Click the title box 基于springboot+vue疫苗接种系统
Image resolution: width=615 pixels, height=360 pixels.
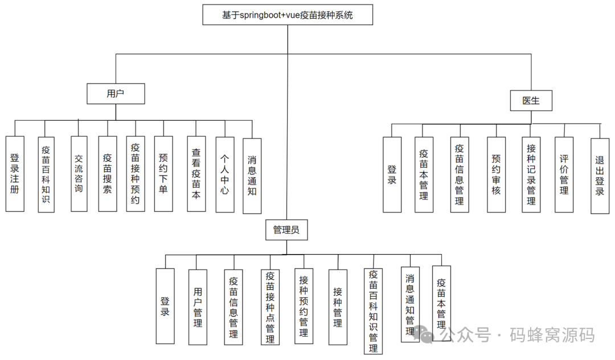click(x=288, y=15)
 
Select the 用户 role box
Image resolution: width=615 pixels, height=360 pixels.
click(x=116, y=94)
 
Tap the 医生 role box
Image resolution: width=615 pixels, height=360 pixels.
click(x=531, y=101)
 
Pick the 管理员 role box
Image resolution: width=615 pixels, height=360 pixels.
click(x=287, y=230)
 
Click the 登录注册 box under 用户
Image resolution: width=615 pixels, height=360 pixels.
click(x=15, y=174)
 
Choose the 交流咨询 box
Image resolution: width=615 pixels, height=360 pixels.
click(x=79, y=174)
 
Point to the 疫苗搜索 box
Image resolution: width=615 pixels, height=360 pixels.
click(x=107, y=174)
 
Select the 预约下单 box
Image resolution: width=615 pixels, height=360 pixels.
click(x=163, y=174)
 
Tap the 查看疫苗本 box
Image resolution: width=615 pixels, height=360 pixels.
click(x=196, y=174)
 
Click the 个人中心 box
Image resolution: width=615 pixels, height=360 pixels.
click(x=225, y=174)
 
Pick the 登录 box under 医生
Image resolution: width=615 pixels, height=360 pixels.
click(x=392, y=175)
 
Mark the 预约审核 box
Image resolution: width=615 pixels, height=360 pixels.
click(x=496, y=175)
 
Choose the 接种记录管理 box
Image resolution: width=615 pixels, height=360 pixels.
click(x=531, y=175)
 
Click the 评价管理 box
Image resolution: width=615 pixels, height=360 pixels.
click(x=564, y=175)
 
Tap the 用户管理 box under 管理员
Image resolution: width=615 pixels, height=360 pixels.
click(x=198, y=308)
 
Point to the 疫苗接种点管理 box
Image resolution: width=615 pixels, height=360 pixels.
click(x=270, y=308)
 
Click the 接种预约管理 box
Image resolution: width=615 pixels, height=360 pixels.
click(x=304, y=306)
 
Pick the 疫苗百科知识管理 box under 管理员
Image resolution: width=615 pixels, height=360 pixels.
click(x=373, y=312)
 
